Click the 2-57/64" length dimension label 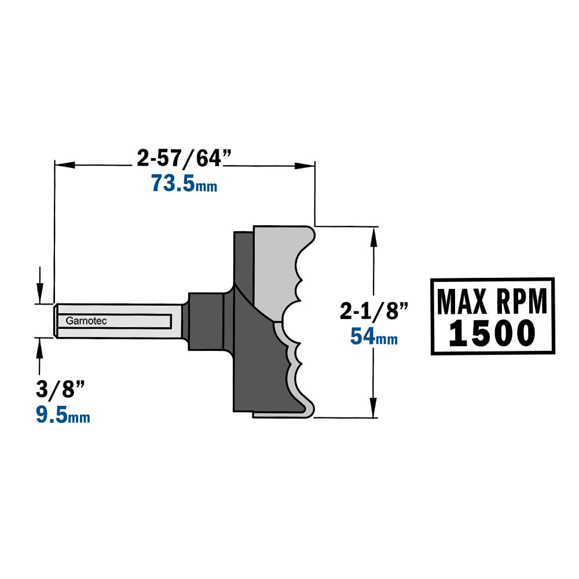[x=184, y=158]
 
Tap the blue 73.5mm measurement [x=184, y=183]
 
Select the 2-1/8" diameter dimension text [x=373, y=311]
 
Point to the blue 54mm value [x=373, y=337]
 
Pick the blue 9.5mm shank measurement [x=63, y=415]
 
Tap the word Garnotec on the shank [x=86, y=321]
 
